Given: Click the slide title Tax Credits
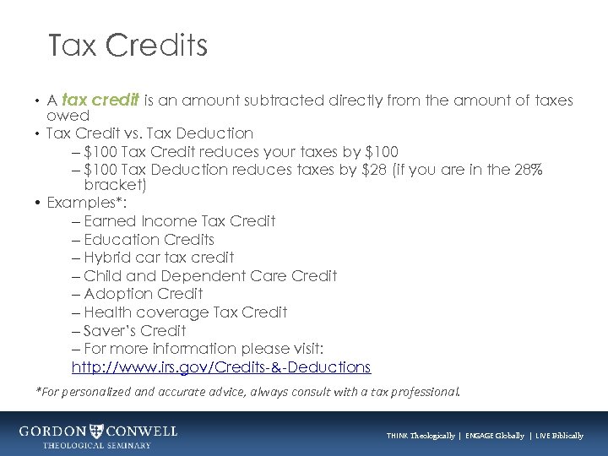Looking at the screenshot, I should coord(128,46).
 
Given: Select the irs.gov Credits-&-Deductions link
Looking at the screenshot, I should coord(221,367).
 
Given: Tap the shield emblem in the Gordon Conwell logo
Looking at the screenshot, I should coord(100,432).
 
